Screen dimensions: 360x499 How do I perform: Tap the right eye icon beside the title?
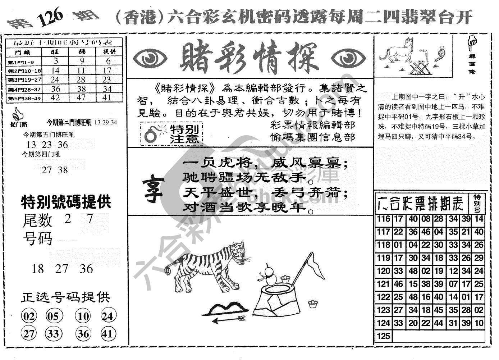348,59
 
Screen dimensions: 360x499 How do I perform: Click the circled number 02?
29,316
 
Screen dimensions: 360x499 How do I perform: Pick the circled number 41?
107,334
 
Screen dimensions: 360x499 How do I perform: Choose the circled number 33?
53,334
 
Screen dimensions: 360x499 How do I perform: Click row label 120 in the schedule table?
383,271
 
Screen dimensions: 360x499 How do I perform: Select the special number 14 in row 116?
479,219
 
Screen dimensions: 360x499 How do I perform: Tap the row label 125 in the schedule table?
383,336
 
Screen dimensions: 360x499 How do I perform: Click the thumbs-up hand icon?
17,115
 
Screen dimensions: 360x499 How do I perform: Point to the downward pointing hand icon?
472,42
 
